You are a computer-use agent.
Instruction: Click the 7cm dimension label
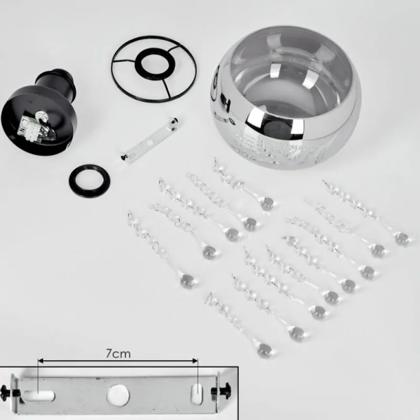(x=118, y=353)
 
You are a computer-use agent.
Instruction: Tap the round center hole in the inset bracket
(x=118, y=395)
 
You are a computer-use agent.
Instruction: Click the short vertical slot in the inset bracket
(x=197, y=395)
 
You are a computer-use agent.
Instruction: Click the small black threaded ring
(x=89, y=181)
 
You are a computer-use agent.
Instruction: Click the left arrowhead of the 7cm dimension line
(x=41, y=361)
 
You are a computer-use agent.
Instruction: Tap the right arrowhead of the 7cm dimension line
(x=195, y=361)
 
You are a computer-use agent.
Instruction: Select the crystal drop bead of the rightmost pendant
(x=401, y=238)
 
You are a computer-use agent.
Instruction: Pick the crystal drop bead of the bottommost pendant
(x=264, y=349)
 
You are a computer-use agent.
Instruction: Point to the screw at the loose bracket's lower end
(x=124, y=156)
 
